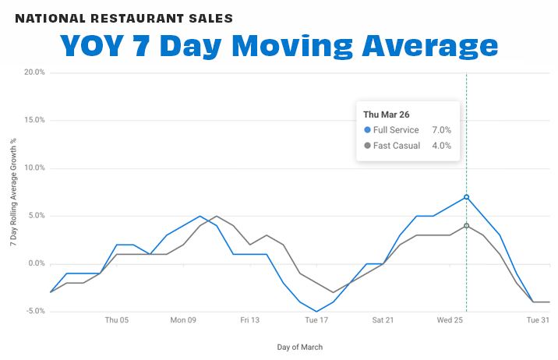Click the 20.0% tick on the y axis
point(34,72)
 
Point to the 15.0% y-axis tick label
point(34,120)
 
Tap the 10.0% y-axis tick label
point(34,168)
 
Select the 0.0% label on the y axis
point(36,263)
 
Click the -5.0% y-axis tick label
point(34,311)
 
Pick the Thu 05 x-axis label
point(117,319)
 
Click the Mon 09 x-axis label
point(183,319)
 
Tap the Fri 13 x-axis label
point(249,319)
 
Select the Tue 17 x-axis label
point(316,319)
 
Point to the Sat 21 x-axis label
point(383,319)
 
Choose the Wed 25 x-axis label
point(450,319)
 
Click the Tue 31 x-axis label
point(537,319)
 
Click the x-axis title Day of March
point(300,347)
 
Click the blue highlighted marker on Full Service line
point(466,197)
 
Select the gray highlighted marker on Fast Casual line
point(466,226)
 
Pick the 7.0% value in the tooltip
point(442,130)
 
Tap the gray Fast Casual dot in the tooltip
point(368,146)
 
